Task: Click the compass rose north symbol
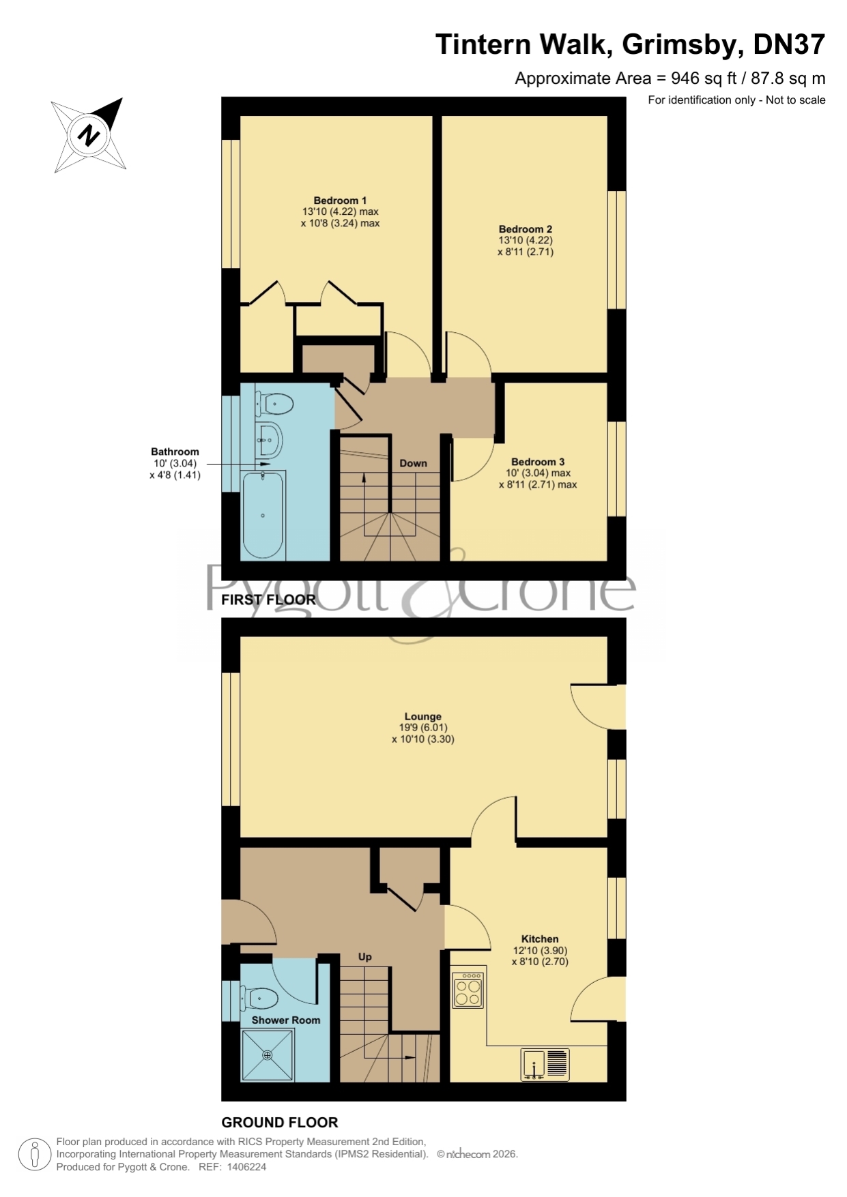89,134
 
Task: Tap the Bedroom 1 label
340,201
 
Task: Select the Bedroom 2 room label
526,229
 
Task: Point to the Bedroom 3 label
538,462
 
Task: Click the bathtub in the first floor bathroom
263,515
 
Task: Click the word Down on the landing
413,463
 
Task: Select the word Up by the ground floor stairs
365,957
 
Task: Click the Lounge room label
423,716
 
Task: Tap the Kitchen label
540,939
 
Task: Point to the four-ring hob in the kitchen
469,990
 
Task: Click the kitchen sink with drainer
545,1064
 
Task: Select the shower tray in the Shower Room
268,1054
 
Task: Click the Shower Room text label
286,1020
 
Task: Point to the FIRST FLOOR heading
269,600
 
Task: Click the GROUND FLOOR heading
280,1123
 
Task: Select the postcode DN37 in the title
789,45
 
